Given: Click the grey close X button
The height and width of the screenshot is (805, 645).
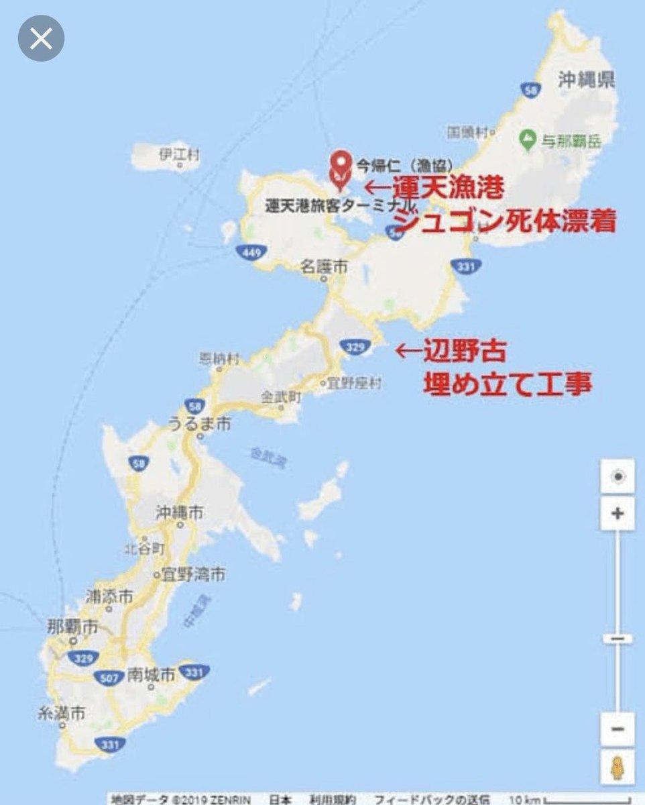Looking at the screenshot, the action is pyautogui.click(x=41, y=38).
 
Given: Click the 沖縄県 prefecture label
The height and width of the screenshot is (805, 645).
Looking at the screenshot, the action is pyautogui.click(x=587, y=81).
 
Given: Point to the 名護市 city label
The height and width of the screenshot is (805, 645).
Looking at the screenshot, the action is pyautogui.click(x=325, y=267).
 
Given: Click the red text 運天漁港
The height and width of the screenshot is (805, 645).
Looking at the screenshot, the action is pyautogui.click(x=449, y=189).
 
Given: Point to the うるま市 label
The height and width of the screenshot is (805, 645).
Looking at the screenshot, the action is pyautogui.click(x=199, y=424).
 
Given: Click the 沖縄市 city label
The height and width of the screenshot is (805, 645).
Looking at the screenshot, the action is pyautogui.click(x=179, y=513).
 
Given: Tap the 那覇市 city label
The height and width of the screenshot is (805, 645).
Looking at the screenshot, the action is pyautogui.click(x=72, y=628).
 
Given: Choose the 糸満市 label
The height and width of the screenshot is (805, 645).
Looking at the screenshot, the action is pyautogui.click(x=62, y=714).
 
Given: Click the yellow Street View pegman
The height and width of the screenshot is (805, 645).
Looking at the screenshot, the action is pyautogui.click(x=617, y=767).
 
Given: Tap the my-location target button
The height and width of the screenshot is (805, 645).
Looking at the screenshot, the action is pyautogui.click(x=618, y=477).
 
